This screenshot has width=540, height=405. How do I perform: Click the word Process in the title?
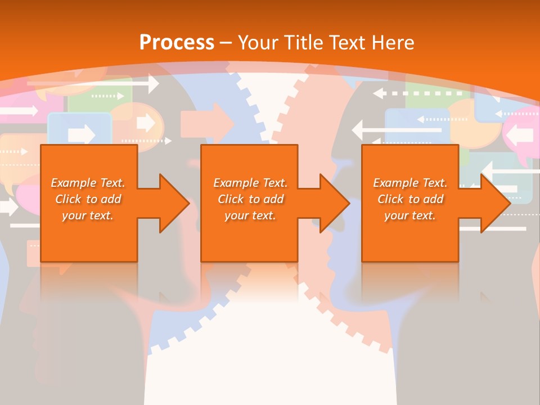click(177, 43)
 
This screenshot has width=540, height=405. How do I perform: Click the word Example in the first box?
click(73, 183)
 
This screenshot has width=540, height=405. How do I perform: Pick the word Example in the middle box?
click(236, 183)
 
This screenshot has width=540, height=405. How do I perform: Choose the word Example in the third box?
click(395, 183)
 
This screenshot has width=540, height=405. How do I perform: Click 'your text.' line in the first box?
click(88, 215)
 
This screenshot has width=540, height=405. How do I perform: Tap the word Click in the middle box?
click(231, 199)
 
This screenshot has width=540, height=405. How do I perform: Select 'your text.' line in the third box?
click(410, 215)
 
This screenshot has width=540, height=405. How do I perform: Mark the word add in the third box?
click(434, 199)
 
